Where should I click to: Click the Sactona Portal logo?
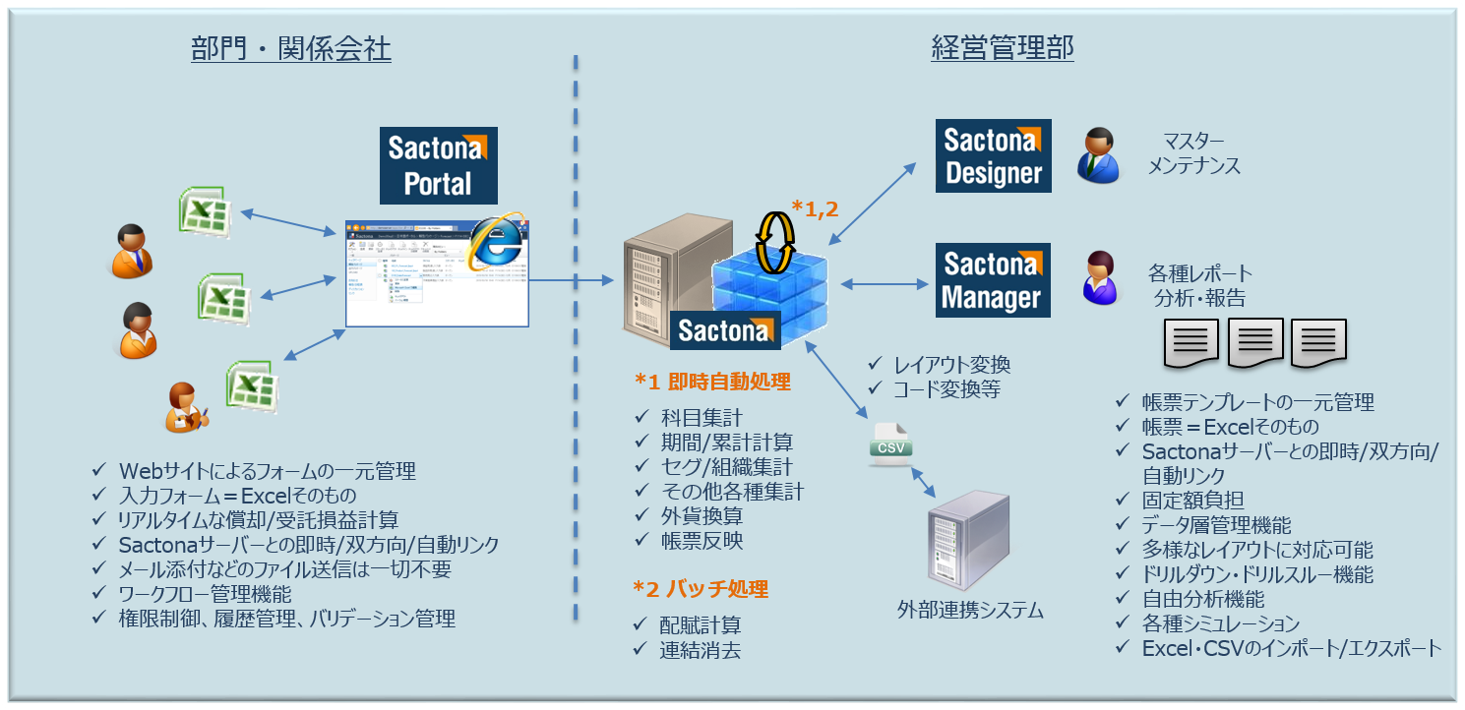[438, 165]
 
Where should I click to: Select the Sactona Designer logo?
[992, 155]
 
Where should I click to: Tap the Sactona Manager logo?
[992, 280]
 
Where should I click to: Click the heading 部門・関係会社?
[291, 48]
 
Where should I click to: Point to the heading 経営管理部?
[1002, 48]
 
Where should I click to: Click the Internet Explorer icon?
[496, 240]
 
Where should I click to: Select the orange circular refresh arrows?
[775, 241]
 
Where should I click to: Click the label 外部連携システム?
[970, 610]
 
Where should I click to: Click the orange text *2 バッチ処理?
[701, 589]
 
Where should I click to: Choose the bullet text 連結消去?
[701, 650]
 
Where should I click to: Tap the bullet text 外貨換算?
[702, 515]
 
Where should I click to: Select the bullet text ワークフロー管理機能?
[205, 594]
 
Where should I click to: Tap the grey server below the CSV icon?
[969, 537]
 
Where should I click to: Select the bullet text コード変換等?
[946, 389]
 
